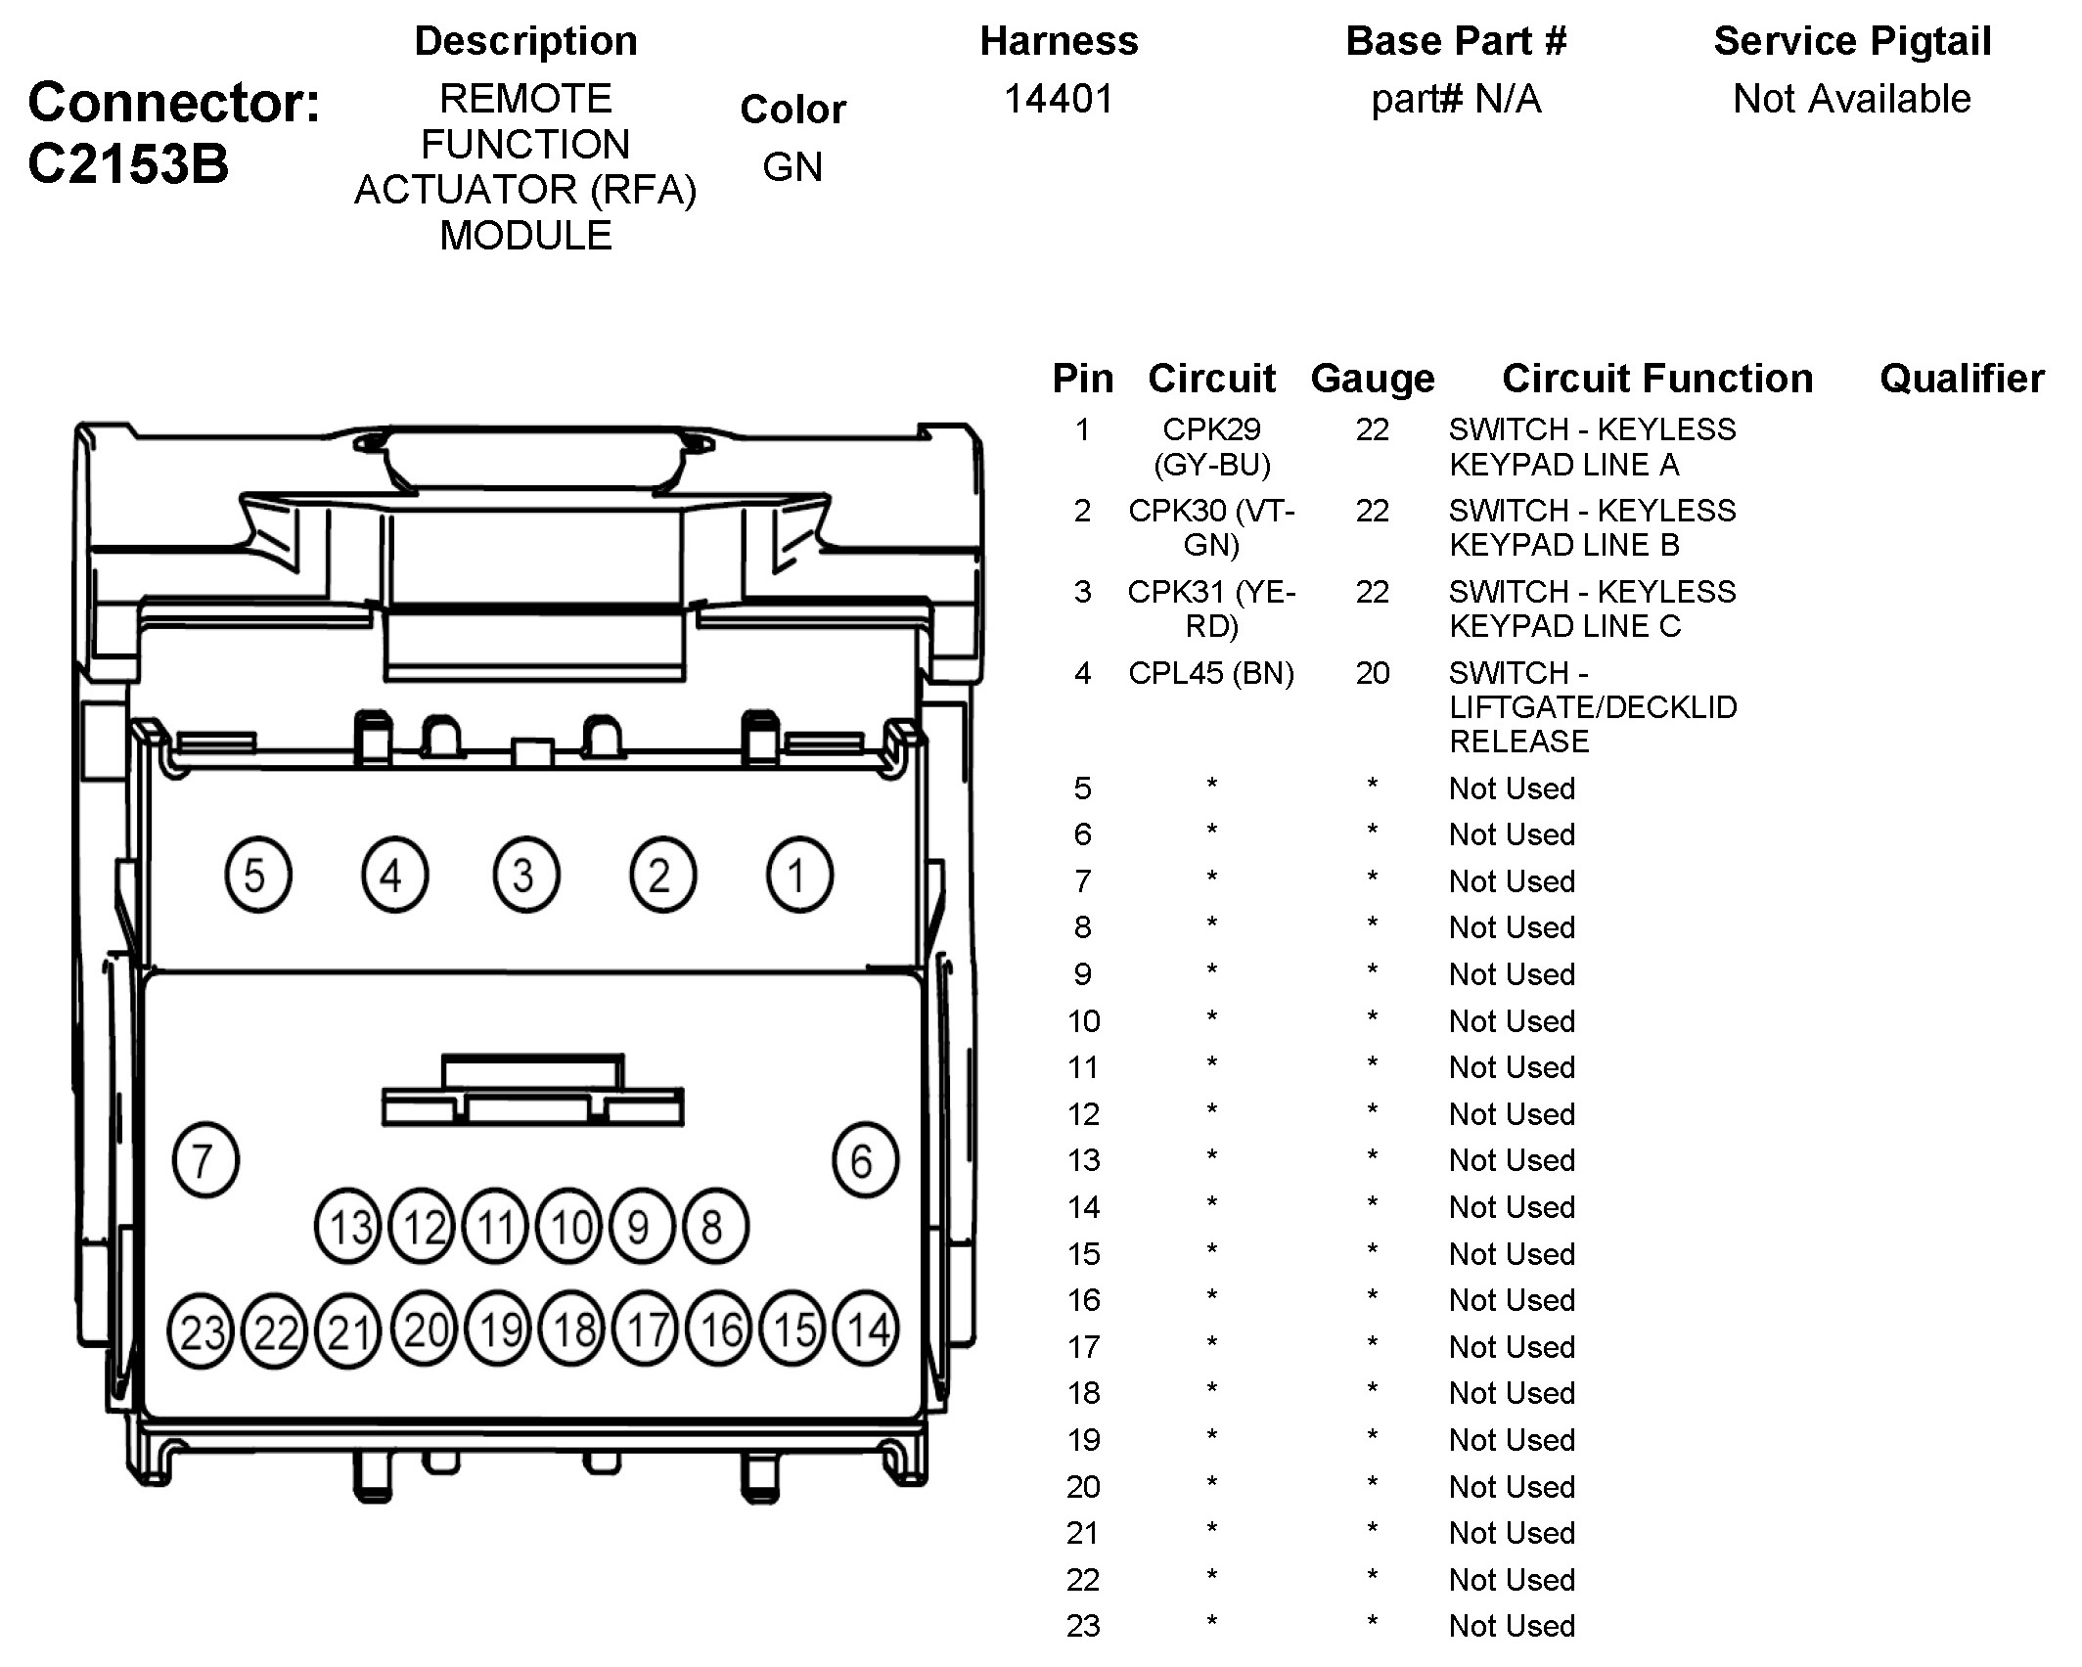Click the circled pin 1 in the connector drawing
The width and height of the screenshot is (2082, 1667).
(x=799, y=876)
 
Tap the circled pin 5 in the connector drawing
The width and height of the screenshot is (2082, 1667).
(x=257, y=876)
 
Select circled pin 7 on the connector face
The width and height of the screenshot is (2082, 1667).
(x=205, y=1161)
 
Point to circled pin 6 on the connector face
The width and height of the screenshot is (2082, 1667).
(x=865, y=1161)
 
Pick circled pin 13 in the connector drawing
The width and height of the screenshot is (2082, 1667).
(x=349, y=1228)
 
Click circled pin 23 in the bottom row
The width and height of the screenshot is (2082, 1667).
(x=202, y=1332)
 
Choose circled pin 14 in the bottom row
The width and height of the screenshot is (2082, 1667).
(x=867, y=1330)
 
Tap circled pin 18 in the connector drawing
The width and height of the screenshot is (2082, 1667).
(x=574, y=1330)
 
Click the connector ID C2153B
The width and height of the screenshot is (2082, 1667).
(x=128, y=163)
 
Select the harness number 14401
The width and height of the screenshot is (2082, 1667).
(x=1059, y=99)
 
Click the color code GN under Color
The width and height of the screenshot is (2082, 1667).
(x=792, y=166)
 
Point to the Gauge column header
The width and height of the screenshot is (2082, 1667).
(x=1372, y=379)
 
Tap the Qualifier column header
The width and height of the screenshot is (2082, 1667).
(x=1962, y=379)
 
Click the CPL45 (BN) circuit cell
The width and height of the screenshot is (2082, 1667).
(x=1211, y=673)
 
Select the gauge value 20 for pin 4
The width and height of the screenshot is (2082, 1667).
(x=1372, y=673)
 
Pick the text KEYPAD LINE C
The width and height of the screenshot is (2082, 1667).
(x=1564, y=626)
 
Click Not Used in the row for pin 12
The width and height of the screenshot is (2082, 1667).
(x=1512, y=1114)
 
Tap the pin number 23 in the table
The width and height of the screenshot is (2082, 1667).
(x=1083, y=1626)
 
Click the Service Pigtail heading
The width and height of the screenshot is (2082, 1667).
(x=1852, y=41)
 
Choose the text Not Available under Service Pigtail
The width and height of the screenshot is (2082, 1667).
(x=1852, y=99)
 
